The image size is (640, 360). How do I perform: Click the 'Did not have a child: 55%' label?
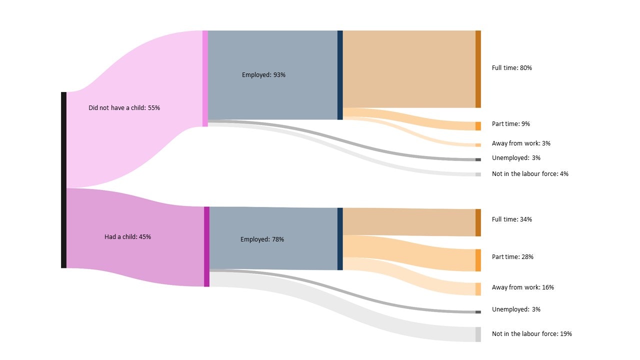[124, 108]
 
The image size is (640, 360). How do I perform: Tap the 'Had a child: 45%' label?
[127, 237]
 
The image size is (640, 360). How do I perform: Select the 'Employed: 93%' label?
[263, 75]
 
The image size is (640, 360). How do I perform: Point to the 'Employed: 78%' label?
[262, 239]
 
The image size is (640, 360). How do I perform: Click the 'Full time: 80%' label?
[511, 68]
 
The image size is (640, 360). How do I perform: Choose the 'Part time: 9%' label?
[511, 124]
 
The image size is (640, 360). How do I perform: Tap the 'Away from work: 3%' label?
[521, 143]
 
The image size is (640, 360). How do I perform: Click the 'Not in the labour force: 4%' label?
[530, 174]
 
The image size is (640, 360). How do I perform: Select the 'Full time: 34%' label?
[511, 219]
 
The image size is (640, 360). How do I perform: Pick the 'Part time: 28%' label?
[512, 257]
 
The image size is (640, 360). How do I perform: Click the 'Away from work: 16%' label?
[523, 287]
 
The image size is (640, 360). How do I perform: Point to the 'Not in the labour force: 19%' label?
[531, 334]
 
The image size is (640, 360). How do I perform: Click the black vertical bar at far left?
[63, 180]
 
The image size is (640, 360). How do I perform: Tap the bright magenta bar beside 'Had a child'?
[206, 246]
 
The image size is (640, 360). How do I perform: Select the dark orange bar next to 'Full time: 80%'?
[478, 69]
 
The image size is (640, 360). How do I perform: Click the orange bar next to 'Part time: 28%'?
[478, 260]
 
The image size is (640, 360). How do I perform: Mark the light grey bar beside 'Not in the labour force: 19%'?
[478, 334]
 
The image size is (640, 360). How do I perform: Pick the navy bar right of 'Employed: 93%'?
[340, 75]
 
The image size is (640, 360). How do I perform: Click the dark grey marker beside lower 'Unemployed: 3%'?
[478, 312]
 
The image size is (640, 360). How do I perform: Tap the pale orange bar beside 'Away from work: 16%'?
[478, 289]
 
